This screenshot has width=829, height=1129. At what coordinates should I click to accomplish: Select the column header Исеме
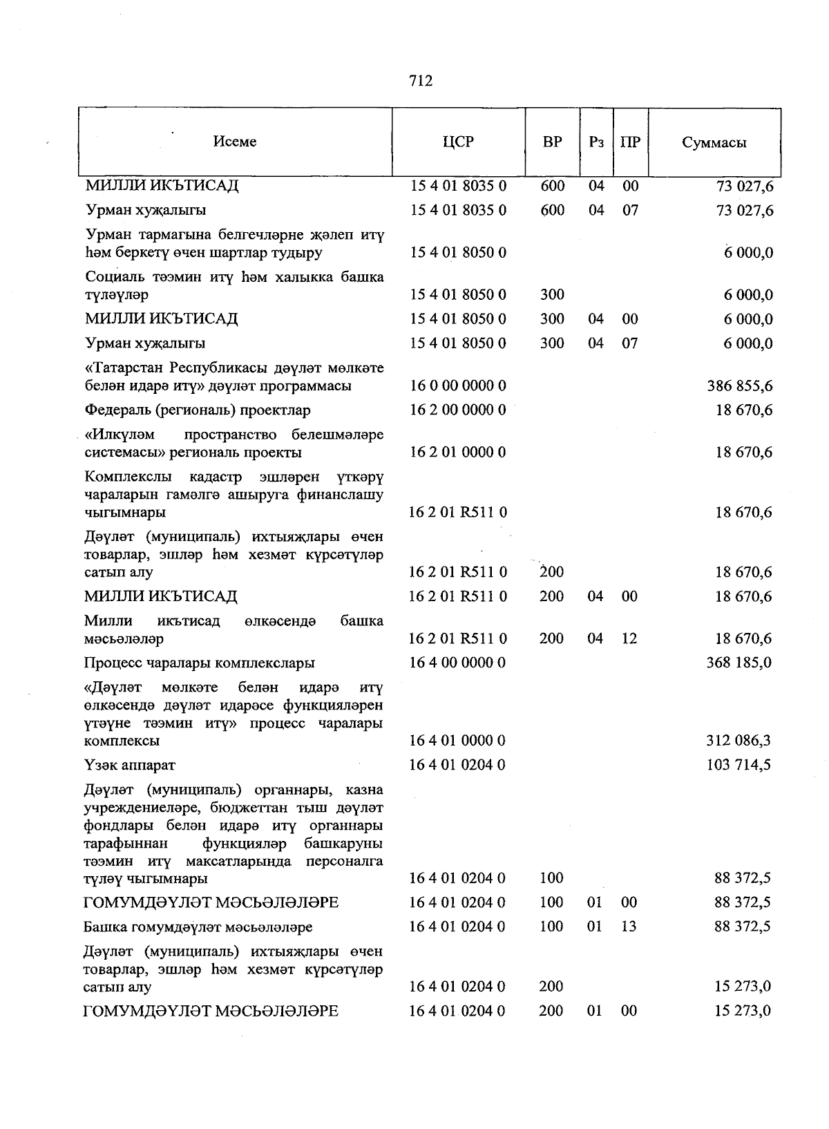[x=235, y=142]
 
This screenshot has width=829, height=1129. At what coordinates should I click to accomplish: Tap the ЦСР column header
[x=459, y=142]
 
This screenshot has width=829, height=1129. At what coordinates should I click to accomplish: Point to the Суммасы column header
[x=714, y=142]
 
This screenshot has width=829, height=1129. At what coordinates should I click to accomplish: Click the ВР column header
[x=553, y=142]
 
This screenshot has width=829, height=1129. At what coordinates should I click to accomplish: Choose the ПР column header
[x=630, y=142]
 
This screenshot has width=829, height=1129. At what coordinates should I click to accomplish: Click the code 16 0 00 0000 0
[x=458, y=386]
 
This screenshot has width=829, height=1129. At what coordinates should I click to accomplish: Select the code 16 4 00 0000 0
[x=458, y=663]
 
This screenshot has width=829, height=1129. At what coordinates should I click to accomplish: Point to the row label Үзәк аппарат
[x=130, y=765]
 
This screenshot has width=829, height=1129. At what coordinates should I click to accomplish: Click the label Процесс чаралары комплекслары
[x=200, y=663]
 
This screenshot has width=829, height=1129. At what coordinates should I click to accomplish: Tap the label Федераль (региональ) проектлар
[x=198, y=410]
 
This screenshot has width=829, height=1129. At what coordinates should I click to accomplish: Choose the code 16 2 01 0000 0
[x=458, y=453]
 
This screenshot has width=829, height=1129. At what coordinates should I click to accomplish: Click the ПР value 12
[x=629, y=638]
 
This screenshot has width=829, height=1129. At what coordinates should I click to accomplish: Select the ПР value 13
[x=629, y=927]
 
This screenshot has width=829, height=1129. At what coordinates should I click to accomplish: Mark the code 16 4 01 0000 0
[x=458, y=741]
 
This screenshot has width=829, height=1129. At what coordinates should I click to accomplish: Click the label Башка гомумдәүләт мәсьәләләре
[x=198, y=927]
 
